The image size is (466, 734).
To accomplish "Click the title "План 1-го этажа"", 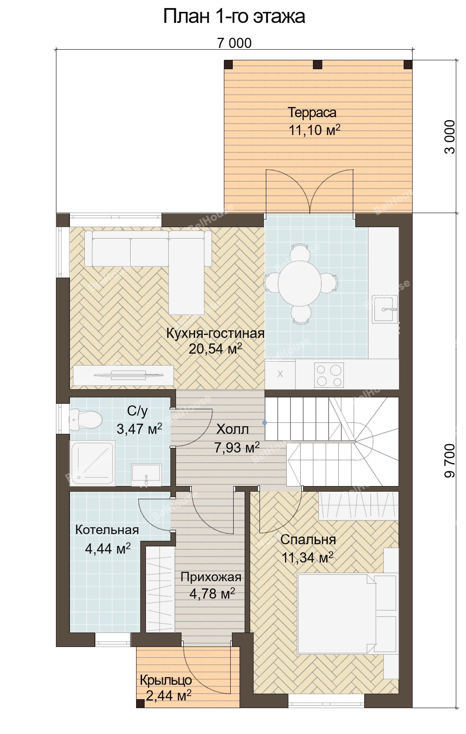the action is point(234,16).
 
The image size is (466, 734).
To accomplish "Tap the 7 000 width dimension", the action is point(234,43).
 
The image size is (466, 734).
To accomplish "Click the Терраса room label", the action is point(312,112).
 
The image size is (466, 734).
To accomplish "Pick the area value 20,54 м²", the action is point(215,349).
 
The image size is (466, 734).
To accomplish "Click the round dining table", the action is point(300,283).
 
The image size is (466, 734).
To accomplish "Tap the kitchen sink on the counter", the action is point(385,309).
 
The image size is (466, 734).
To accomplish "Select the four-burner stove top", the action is point(329,375).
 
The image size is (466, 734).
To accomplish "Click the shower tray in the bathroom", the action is point(92,463).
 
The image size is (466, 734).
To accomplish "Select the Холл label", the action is point(232,429).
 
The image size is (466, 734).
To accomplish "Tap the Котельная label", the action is point(107,530).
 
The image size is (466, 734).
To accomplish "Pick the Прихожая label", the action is point(211,577).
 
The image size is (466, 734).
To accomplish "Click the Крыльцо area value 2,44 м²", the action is point(168,695).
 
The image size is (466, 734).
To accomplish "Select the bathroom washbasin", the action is point(146,475).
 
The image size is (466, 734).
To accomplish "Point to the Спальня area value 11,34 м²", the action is point(307,557).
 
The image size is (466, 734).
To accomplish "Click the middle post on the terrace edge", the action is point(318,65).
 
